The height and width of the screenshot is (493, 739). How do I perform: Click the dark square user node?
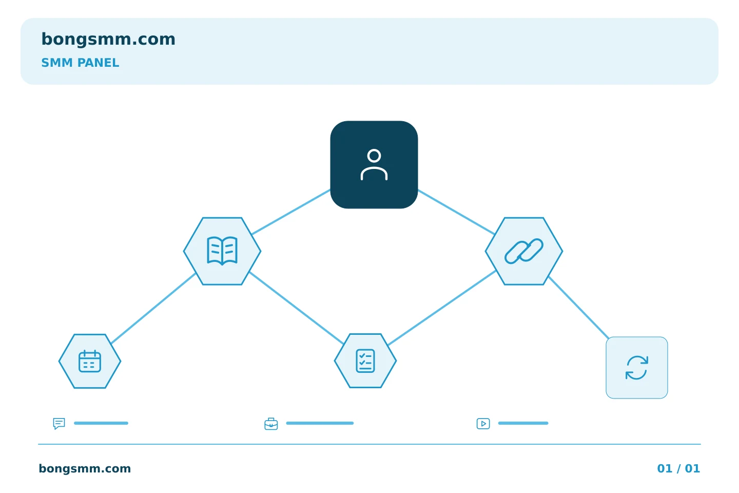(x=374, y=164)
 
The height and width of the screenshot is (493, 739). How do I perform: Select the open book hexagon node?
(x=222, y=251)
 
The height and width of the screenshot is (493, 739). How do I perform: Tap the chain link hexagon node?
(x=523, y=251)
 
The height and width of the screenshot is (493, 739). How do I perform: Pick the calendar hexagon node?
(x=90, y=361)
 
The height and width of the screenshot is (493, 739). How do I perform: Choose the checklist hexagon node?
(x=365, y=361)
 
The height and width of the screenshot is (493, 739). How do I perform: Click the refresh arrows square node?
(x=637, y=368)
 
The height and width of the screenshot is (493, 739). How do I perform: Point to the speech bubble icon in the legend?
(x=59, y=423)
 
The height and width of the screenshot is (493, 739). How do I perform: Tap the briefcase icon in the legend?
(x=271, y=424)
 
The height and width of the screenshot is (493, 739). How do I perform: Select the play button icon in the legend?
(x=483, y=423)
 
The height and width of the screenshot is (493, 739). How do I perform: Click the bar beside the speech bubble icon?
(x=101, y=423)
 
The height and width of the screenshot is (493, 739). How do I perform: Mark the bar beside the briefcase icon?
(x=320, y=423)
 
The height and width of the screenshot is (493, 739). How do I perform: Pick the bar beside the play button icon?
(x=523, y=423)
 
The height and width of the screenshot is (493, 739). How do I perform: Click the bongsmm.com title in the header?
(x=108, y=40)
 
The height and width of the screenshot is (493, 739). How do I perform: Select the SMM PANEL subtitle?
(x=80, y=63)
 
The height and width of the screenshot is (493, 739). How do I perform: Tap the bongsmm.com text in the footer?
(x=85, y=468)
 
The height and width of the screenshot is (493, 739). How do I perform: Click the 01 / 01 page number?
(x=678, y=468)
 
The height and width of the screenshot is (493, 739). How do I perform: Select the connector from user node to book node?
(x=291, y=212)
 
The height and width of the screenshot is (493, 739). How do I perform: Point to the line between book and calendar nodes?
(x=153, y=308)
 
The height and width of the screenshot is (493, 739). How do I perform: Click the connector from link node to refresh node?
(x=579, y=308)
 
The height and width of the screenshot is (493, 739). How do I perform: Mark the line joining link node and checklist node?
(x=442, y=308)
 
